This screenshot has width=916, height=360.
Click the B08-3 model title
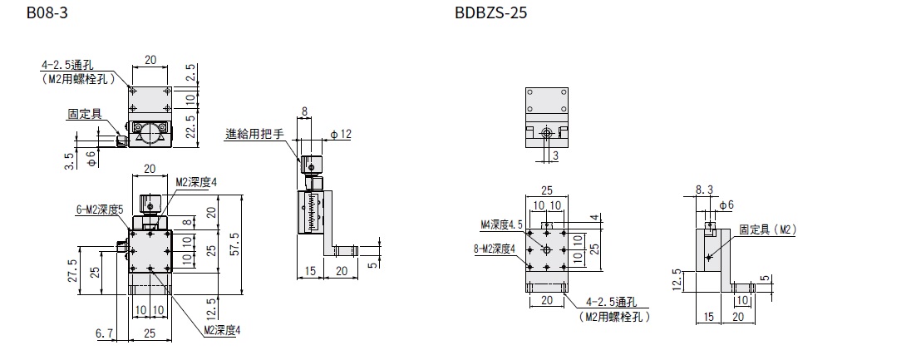(47, 12)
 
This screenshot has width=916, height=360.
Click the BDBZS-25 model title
(490, 12)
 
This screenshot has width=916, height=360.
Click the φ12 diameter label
(341, 135)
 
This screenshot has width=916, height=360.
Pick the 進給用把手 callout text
(254, 134)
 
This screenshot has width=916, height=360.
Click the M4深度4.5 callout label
(501, 224)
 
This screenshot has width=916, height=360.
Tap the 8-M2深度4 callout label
(496, 249)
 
